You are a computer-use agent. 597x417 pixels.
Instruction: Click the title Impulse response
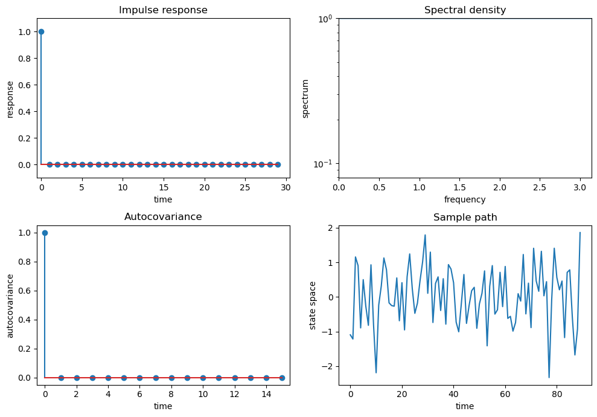point(163,10)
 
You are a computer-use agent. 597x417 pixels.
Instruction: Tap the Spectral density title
point(465,10)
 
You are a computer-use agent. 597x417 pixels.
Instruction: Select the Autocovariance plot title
point(163,217)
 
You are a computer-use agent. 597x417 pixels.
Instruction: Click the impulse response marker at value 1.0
point(41,31)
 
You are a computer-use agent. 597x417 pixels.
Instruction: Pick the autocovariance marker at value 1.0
point(45,233)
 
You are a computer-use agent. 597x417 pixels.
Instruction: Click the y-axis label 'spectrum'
point(305,98)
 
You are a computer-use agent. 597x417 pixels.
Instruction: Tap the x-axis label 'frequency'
point(465,199)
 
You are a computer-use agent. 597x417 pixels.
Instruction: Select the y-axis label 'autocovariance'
point(10,305)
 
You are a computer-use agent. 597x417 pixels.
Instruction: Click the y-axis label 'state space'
point(313,305)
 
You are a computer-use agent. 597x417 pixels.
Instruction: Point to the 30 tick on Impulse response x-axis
point(286,188)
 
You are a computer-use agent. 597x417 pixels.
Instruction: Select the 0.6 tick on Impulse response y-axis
point(24,85)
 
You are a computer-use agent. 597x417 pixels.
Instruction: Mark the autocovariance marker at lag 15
point(282,378)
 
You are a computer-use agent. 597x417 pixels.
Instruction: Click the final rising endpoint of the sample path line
point(580,233)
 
